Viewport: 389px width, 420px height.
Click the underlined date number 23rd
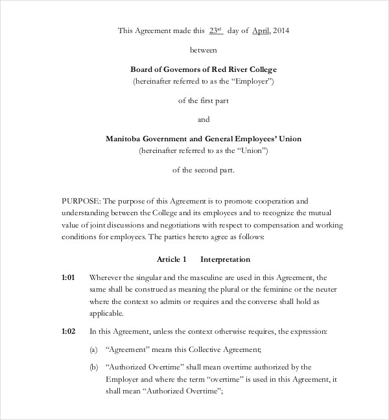(215, 30)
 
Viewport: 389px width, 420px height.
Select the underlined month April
(260, 30)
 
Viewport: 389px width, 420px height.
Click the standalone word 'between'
(204, 49)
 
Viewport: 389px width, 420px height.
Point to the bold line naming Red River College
(204, 69)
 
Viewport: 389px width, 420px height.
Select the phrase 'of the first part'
(204, 100)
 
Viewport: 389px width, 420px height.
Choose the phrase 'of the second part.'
(204, 170)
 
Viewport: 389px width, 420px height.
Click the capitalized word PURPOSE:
(81, 202)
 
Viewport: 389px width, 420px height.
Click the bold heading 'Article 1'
(172, 259)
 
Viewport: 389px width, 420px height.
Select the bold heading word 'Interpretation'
(225, 259)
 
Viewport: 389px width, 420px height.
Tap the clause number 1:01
(69, 277)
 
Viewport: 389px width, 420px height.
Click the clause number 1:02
(69, 331)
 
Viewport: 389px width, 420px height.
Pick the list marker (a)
(94, 349)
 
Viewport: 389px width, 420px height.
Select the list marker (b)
(94, 367)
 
